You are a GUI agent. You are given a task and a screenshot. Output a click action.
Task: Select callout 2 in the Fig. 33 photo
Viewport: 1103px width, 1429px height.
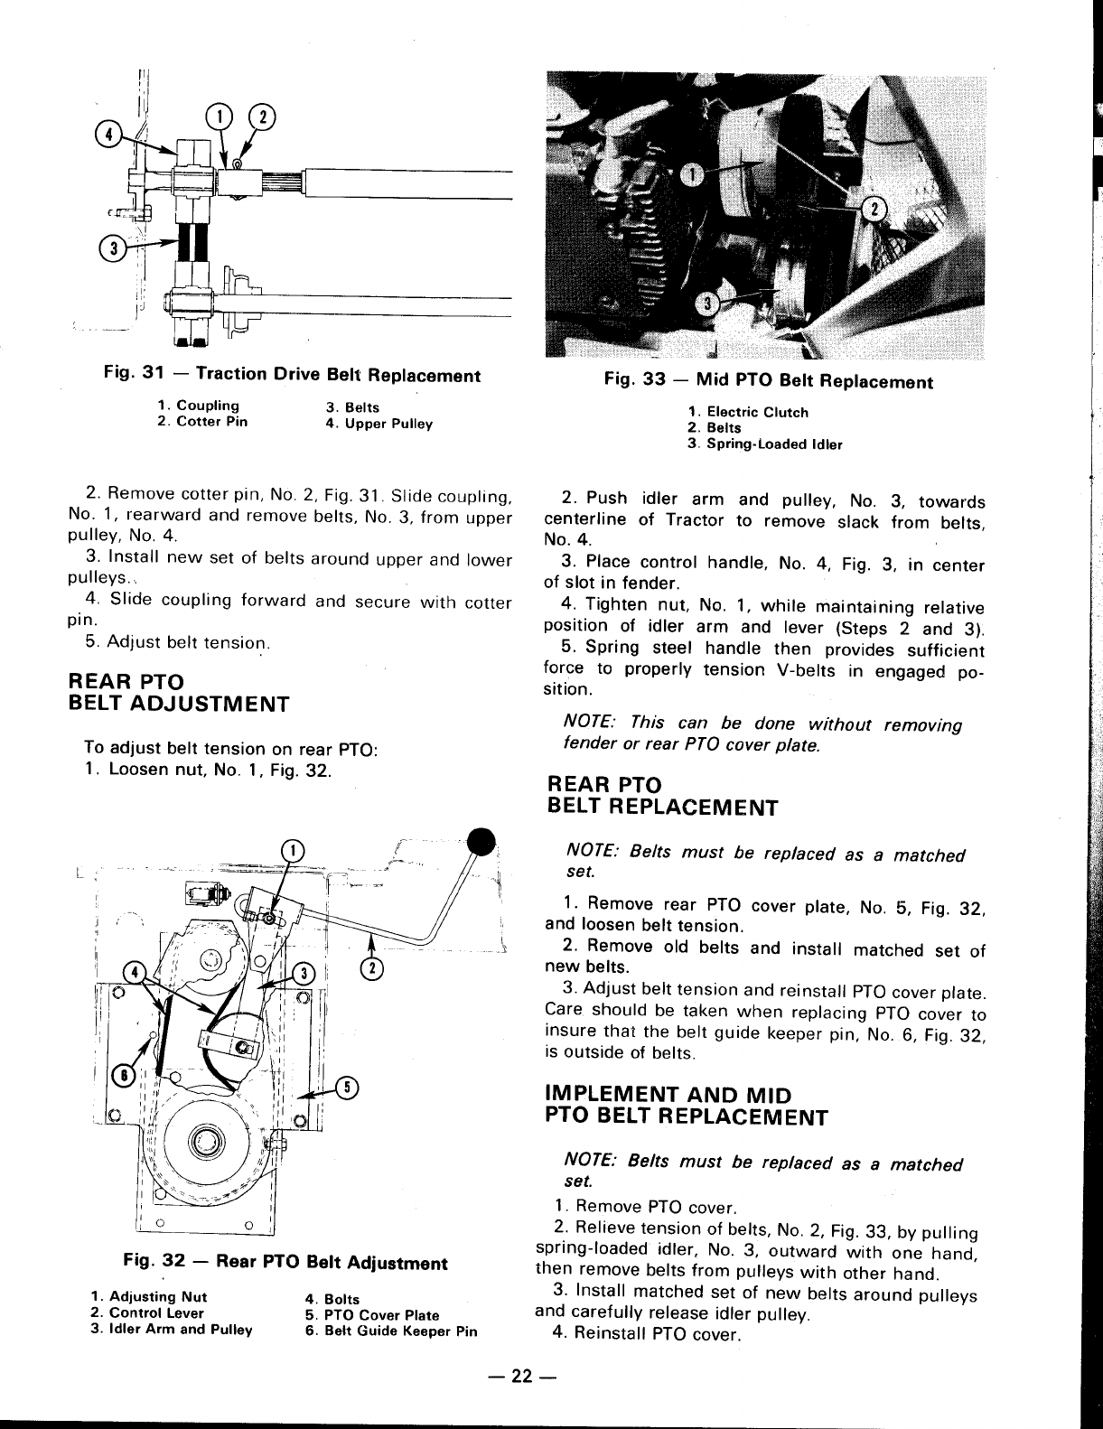pyautogui.click(x=874, y=210)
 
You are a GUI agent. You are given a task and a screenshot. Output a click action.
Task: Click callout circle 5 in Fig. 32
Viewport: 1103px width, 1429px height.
pyautogui.click(x=347, y=1087)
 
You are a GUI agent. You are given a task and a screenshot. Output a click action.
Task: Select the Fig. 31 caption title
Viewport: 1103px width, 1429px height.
pyautogui.click(x=293, y=375)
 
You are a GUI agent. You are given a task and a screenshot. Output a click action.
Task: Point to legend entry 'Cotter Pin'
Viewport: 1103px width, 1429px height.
pyautogui.click(x=202, y=422)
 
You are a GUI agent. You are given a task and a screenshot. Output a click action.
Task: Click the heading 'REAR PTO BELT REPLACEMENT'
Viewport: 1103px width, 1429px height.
pyautogui.click(x=661, y=796)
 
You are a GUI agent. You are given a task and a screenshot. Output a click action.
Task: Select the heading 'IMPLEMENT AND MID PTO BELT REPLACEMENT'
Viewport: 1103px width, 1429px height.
pyautogui.click(x=687, y=1105)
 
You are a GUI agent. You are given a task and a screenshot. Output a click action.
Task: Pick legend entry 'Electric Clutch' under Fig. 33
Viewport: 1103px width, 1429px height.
pyautogui.click(x=748, y=413)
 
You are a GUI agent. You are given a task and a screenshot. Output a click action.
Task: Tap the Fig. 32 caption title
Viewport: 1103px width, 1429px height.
pyautogui.click(x=285, y=1263)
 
